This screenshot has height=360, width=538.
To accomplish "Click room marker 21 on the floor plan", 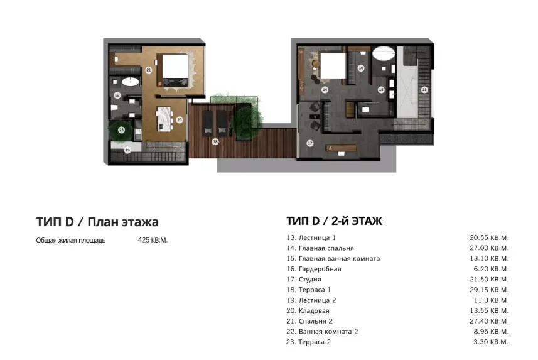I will click(x=149, y=70).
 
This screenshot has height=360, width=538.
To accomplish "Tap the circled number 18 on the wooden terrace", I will click(x=215, y=142).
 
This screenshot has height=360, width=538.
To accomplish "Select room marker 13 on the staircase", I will click(x=424, y=90).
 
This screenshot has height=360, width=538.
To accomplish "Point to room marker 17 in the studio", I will click(x=309, y=143).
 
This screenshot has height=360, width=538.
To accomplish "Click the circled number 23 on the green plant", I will click(x=121, y=131).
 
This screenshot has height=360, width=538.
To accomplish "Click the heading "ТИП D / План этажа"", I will click(x=97, y=222).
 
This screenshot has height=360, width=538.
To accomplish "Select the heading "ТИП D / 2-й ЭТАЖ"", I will click(x=334, y=221).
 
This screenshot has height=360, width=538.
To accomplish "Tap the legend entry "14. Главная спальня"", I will click(x=320, y=248).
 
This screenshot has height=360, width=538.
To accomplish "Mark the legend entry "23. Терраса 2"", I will click(x=308, y=342).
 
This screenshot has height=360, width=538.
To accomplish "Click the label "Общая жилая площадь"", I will click(x=71, y=241).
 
